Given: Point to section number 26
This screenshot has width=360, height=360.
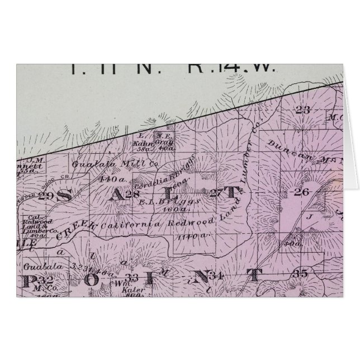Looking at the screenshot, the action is [301, 193].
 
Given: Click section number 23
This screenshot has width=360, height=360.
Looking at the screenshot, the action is [302, 110].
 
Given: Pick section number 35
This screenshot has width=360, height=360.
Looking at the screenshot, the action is [300, 273].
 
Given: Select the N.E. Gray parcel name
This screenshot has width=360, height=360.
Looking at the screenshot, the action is [163, 144].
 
